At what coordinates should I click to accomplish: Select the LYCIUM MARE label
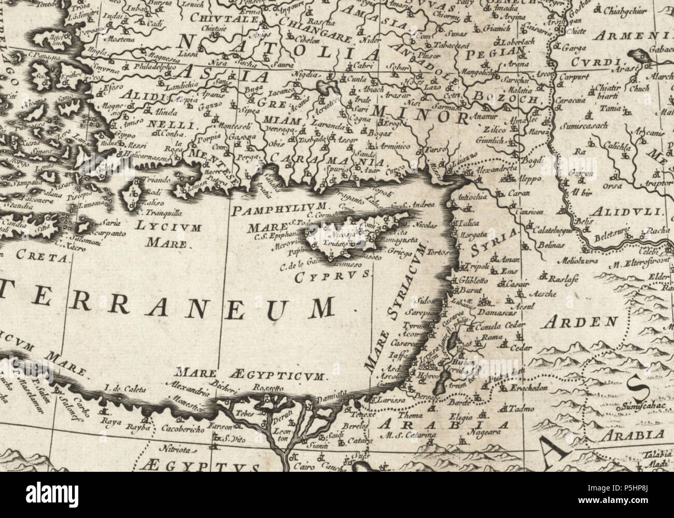[166, 232]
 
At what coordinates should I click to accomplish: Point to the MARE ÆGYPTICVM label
[249, 374]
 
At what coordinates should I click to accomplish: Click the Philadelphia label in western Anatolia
[154, 66]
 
